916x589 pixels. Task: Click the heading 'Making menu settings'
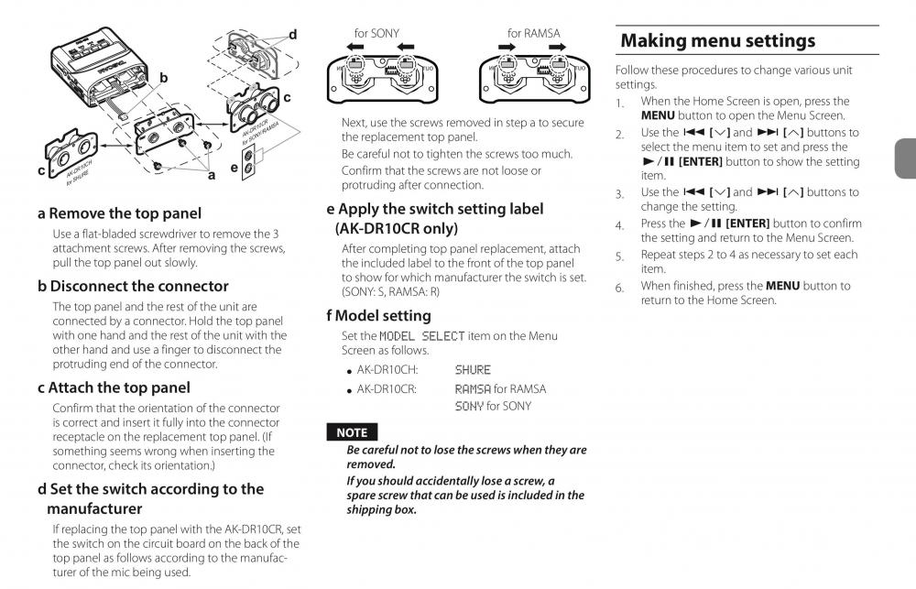[x=717, y=41]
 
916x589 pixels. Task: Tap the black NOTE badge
[x=352, y=432]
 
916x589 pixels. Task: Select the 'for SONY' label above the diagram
[x=376, y=34]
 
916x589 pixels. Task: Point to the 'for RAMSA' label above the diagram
[x=533, y=34]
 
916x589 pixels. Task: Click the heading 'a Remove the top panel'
[x=119, y=213]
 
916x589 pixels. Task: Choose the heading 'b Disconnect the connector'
[x=133, y=286]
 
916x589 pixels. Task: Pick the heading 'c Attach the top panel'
[x=114, y=387]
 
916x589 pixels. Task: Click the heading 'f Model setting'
[x=378, y=316]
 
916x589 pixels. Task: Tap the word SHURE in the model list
[x=473, y=370]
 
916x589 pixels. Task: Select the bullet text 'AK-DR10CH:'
[x=387, y=370]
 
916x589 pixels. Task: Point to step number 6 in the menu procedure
[x=620, y=288]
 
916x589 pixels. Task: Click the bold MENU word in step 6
[x=782, y=286]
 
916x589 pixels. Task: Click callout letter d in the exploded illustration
[x=292, y=35]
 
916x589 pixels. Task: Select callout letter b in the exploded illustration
[x=164, y=79]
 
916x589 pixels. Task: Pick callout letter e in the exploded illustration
[x=234, y=169]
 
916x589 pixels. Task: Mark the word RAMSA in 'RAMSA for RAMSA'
[x=473, y=389]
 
